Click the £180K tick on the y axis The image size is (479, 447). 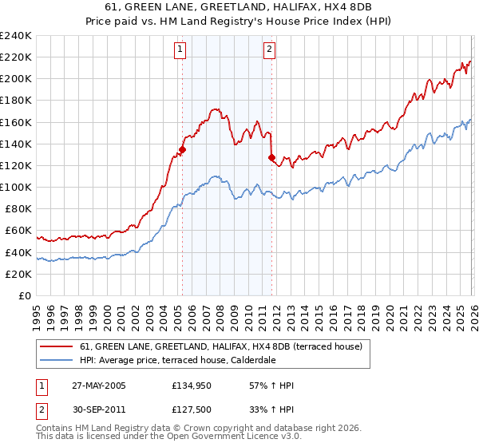pyautogui.click(x=15, y=101)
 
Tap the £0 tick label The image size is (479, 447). pyautogui.click(x=24, y=295)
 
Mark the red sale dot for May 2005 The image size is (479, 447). pyautogui.click(x=182, y=149)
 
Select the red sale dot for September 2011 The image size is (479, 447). pyautogui.click(x=271, y=157)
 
